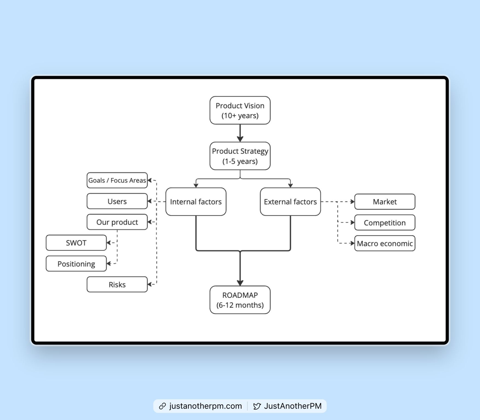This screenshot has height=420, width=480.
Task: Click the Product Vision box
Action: pyautogui.click(x=240, y=110)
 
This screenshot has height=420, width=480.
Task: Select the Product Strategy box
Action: pyautogui.click(x=240, y=156)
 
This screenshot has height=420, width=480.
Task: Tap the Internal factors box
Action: pyautogui.click(x=196, y=202)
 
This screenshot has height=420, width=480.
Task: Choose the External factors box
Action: pyautogui.click(x=290, y=202)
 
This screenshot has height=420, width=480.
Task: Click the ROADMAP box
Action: pyautogui.click(x=240, y=300)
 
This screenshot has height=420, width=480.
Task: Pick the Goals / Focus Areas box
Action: pyautogui.click(x=117, y=180)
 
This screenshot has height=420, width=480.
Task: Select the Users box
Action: pyautogui.click(x=117, y=201)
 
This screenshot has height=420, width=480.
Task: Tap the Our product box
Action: pyautogui.click(x=117, y=222)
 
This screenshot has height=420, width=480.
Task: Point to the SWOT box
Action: pyautogui.click(x=76, y=243)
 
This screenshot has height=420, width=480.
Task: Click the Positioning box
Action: pyautogui.click(x=76, y=264)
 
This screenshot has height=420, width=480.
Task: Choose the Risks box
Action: pyautogui.click(x=117, y=284)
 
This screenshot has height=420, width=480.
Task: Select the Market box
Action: pyautogui.click(x=385, y=202)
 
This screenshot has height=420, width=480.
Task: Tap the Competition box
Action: pyautogui.click(x=385, y=223)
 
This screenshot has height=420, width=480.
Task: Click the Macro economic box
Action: pyautogui.click(x=385, y=243)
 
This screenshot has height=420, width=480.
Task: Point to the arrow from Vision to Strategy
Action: pyautogui.click(x=240, y=133)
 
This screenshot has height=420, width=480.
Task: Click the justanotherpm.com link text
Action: pyautogui.click(x=206, y=406)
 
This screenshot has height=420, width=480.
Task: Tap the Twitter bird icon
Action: pyautogui.click(x=257, y=406)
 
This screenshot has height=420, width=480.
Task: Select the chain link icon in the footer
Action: pyautogui.click(x=162, y=406)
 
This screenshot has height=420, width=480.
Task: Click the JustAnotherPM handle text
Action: pyautogui.click(x=293, y=406)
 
